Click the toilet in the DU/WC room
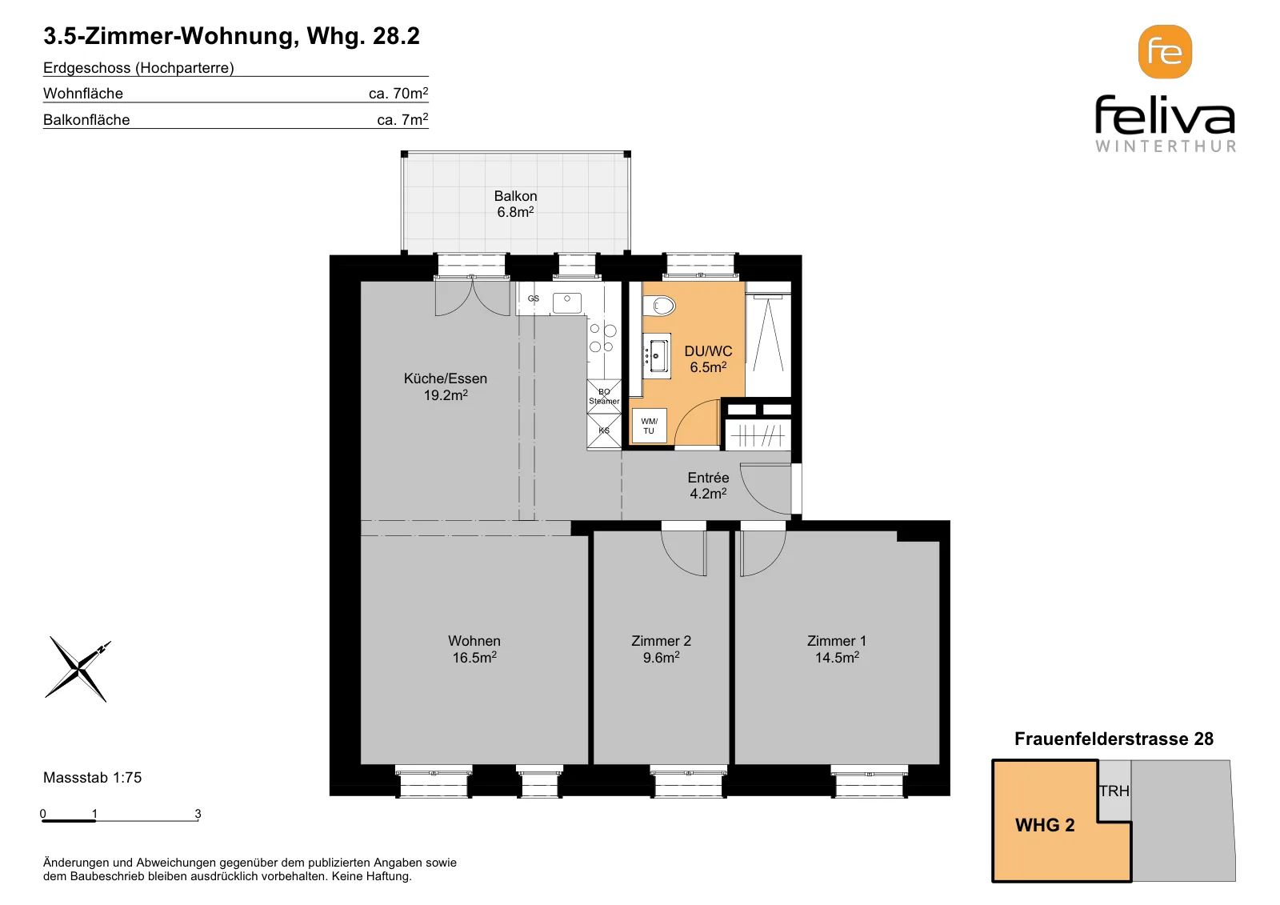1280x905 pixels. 659,306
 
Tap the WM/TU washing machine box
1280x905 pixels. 649,426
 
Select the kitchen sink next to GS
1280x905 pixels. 567,302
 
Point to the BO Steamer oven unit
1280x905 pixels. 604,396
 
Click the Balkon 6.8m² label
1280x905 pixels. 515,204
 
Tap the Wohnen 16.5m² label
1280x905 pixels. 474,649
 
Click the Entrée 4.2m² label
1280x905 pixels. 708,486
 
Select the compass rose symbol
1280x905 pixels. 78,669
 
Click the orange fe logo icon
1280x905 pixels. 1165,52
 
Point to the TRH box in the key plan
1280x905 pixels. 1114,791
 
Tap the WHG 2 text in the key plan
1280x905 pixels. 1045,825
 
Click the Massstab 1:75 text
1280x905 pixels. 92,778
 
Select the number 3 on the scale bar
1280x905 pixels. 198,813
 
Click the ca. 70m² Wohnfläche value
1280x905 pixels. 398,93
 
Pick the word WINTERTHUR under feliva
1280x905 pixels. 1165,146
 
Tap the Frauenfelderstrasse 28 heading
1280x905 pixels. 1114,739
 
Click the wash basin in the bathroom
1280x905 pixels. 657,355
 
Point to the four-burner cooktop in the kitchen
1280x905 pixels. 603,338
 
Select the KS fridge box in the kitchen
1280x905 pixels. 604,430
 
